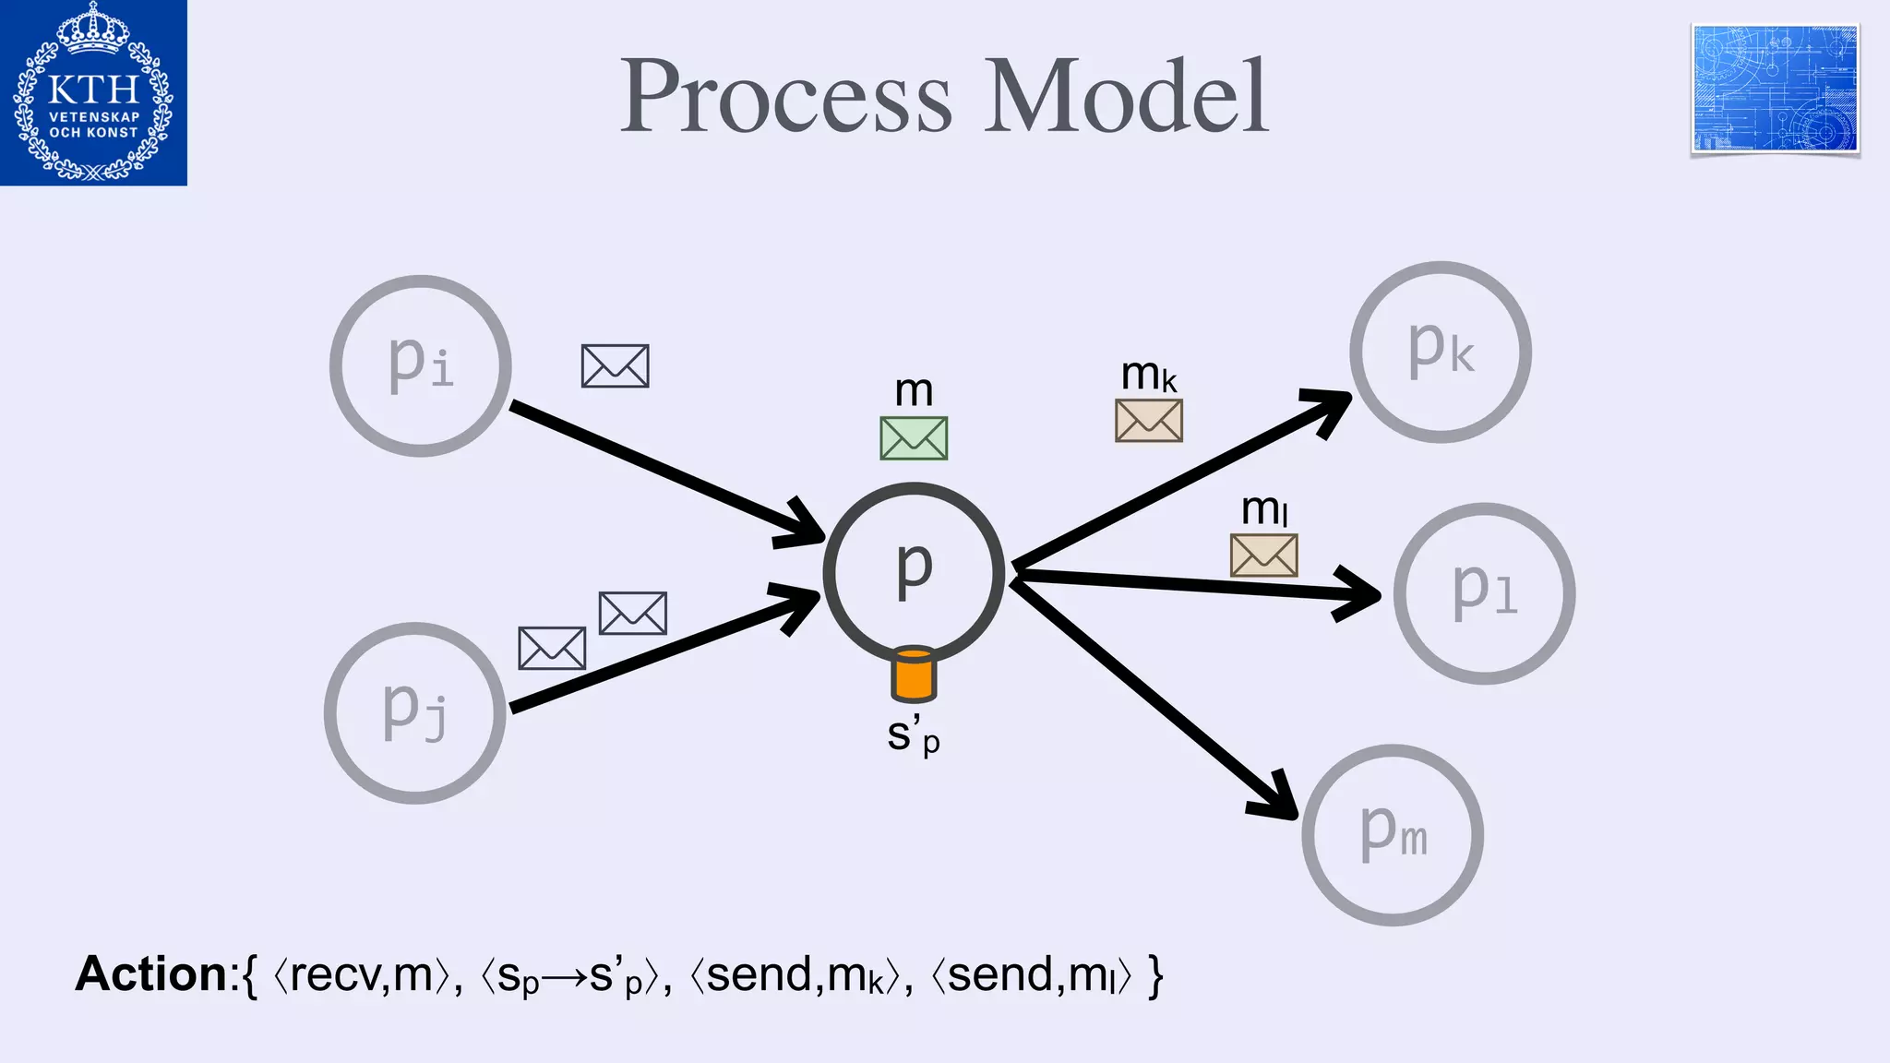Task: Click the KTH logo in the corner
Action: [93, 92]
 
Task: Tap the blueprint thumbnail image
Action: [1775, 89]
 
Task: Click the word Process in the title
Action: [785, 97]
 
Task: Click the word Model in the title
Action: [1126, 97]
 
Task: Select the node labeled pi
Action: [421, 365]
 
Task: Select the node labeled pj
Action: [415, 712]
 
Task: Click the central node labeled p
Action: [914, 572]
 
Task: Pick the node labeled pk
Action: [1441, 352]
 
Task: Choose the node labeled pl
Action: [1484, 593]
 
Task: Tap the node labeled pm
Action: [1393, 835]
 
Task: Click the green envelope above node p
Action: [914, 438]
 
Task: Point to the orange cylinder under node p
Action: [914, 675]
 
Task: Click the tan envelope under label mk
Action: [1149, 421]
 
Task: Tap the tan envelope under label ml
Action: [1264, 555]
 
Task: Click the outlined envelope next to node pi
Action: [616, 366]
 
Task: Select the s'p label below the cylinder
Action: [913, 735]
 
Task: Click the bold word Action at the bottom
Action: [151, 974]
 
